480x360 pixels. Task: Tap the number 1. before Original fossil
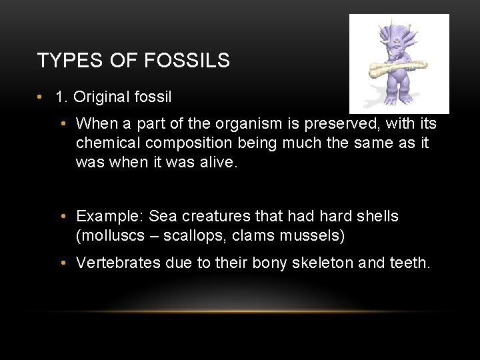(x=62, y=97)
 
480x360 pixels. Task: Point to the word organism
(x=242, y=124)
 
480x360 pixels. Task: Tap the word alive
(x=217, y=163)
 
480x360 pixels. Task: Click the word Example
(x=109, y=217)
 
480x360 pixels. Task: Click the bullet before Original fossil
(x=42, y=97)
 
